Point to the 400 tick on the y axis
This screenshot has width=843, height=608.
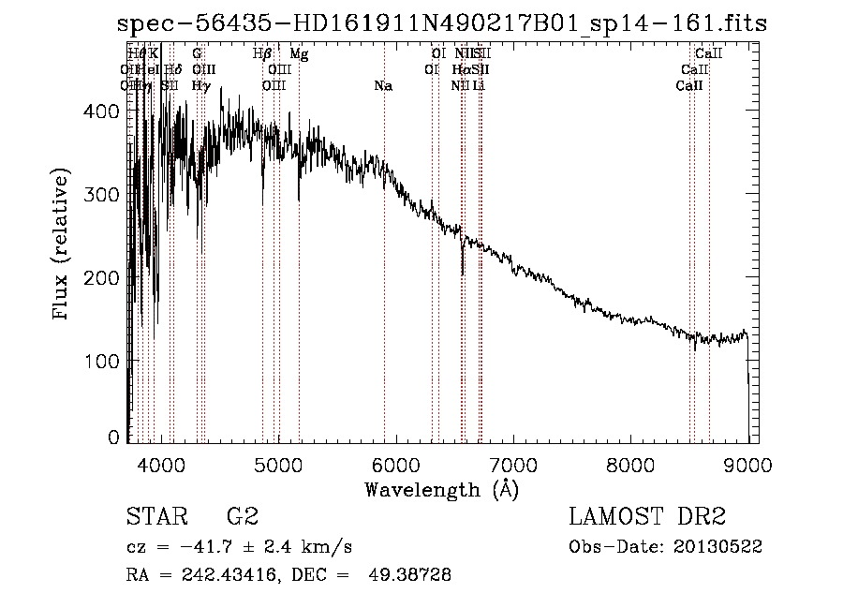(104, 111)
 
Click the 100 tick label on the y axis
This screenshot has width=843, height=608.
(104, 362)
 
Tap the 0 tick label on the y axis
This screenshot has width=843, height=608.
(113, 437)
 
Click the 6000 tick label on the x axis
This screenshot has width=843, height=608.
(396, 465)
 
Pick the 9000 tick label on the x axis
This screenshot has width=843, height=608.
(747, 465)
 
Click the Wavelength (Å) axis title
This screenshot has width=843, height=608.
(441, 489)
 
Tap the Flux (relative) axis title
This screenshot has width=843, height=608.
(62, 245)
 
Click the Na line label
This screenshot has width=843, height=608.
(383, 86)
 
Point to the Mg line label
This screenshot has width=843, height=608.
(299, 54)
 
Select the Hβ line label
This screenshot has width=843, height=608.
(262, 54)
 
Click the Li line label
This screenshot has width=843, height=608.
(479, 86)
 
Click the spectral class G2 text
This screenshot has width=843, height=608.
(242, 516)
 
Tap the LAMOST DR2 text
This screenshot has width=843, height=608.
(647, 516)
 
